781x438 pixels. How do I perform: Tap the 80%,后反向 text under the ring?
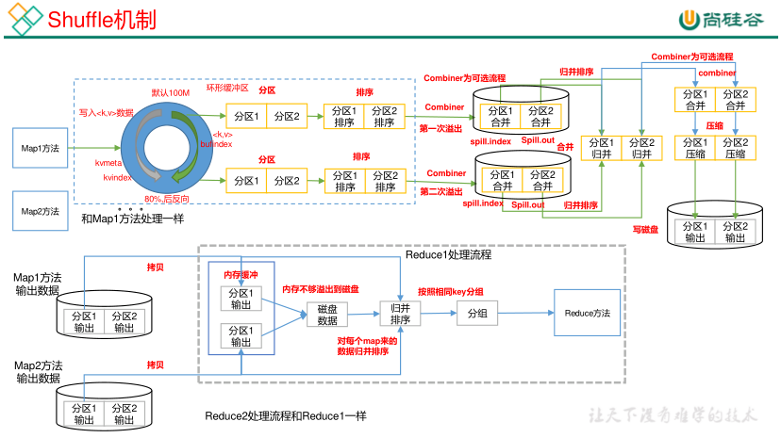tap(167, 200)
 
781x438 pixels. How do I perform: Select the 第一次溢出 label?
tap(440, 128)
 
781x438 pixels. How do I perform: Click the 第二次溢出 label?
tap(440, 191)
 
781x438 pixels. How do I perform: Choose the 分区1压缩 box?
tap(695, 148)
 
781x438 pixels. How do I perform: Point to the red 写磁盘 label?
tap(645, 229)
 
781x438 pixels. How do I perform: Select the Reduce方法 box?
tap(587, 313)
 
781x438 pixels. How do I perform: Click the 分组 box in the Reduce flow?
tap(477, 313)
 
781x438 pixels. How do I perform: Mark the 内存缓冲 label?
tap(240, 274)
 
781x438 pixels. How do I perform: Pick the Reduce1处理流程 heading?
tap(448, 255)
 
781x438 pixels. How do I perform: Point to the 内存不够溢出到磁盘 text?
tap(320, 288)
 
